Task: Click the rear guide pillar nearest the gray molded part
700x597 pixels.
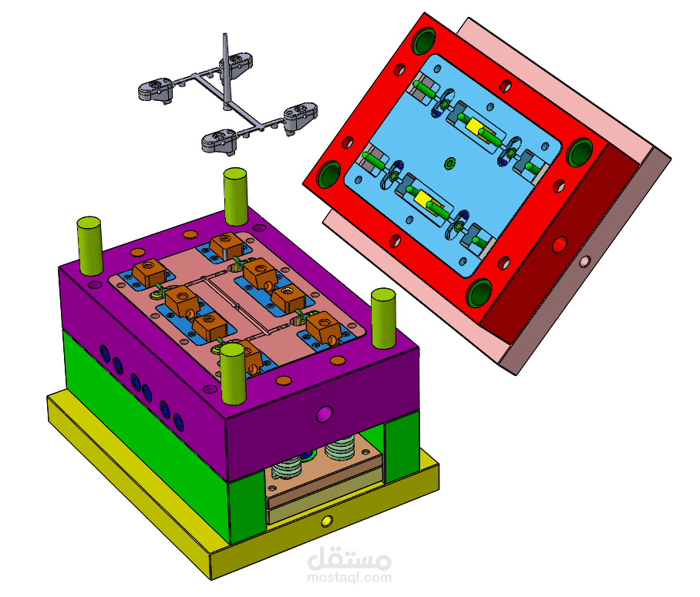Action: click(235, 196)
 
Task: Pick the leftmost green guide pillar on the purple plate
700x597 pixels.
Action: click(89, 246)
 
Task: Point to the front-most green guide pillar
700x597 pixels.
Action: click(233, 374)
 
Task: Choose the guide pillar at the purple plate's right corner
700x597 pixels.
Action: click(383, 318)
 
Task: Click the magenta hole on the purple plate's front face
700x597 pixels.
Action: click(325, 414)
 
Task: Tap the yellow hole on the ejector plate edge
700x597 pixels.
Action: click(327, 521)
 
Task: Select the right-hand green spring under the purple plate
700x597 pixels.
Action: click(340, 448)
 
